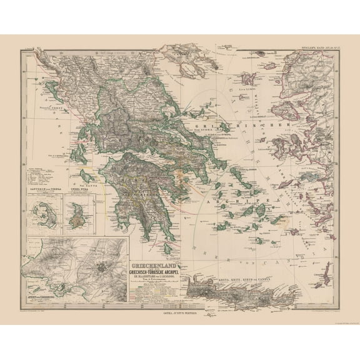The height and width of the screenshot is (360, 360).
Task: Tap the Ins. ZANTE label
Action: click(x=82, y=177)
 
